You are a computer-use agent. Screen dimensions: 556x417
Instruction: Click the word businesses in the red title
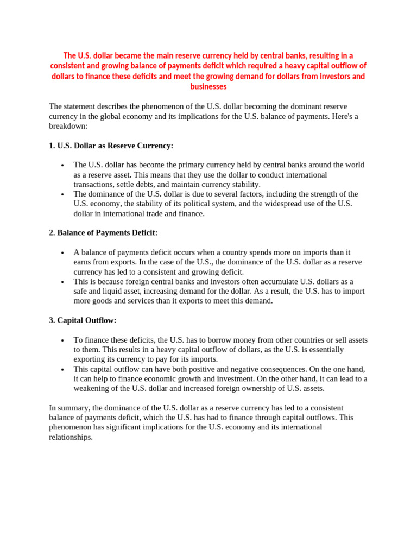pos(208,87)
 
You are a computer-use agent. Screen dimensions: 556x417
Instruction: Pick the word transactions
pos(94,185)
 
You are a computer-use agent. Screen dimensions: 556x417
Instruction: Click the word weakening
pos(94,388)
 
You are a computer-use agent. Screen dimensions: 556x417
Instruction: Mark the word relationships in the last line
pos(71,437)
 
